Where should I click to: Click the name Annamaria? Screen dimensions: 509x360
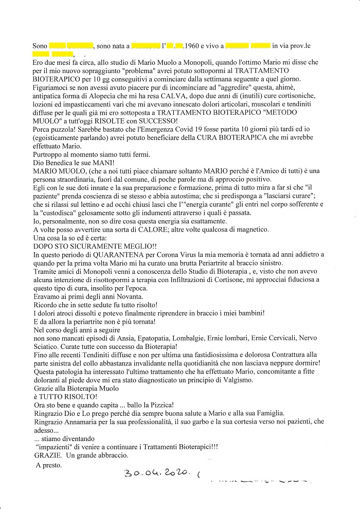[81, 422]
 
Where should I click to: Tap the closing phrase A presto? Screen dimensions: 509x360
[48, 466]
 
